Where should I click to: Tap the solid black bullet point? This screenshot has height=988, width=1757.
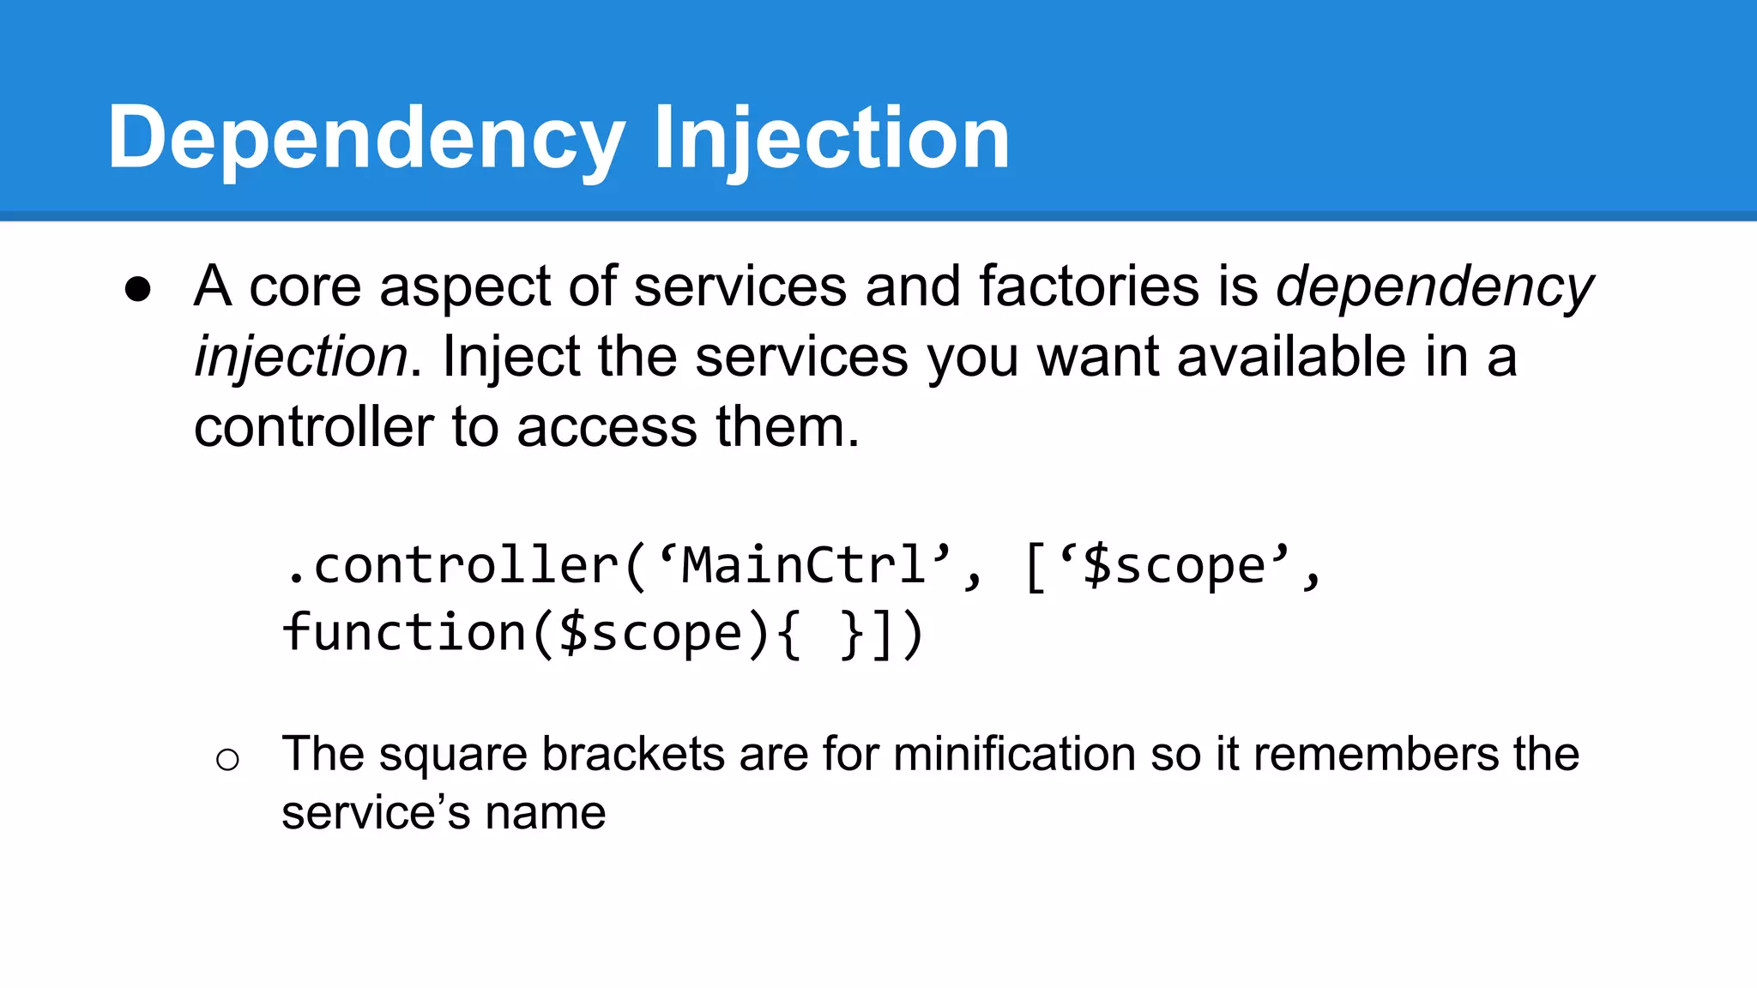(138, 289)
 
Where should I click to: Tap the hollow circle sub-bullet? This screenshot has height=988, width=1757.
(227, 759)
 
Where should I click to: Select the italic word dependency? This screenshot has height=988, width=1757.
(1434, 287)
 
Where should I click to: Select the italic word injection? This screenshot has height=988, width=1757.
(300, 358)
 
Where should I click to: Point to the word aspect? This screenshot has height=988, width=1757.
(463, 287)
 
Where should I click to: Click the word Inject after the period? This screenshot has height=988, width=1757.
(511, 358)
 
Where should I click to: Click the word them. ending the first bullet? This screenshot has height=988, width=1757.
(787, 427)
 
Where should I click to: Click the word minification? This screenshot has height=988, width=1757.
(1014, 755)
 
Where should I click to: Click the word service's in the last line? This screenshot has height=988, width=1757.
(375, 813)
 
